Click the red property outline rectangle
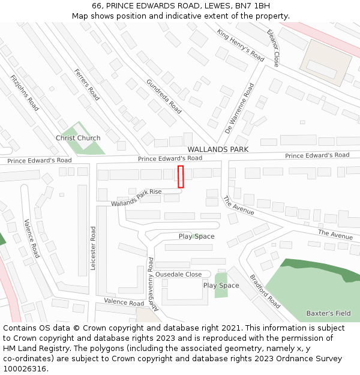point(181,176)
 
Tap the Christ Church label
point(78,138)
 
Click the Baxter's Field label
point(328,313)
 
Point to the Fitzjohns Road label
point(25,93)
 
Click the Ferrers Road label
point(87,85)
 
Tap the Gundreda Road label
point(164,96)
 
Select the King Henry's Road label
point(241,46)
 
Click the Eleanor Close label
point(274,47)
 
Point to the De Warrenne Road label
point(239,108)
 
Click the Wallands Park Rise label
point(136,197)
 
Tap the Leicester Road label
point(93,248)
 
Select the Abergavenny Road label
point(151,283)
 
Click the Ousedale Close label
point(178,274)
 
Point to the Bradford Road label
point(265,292)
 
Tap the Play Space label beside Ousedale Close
point(221,286)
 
